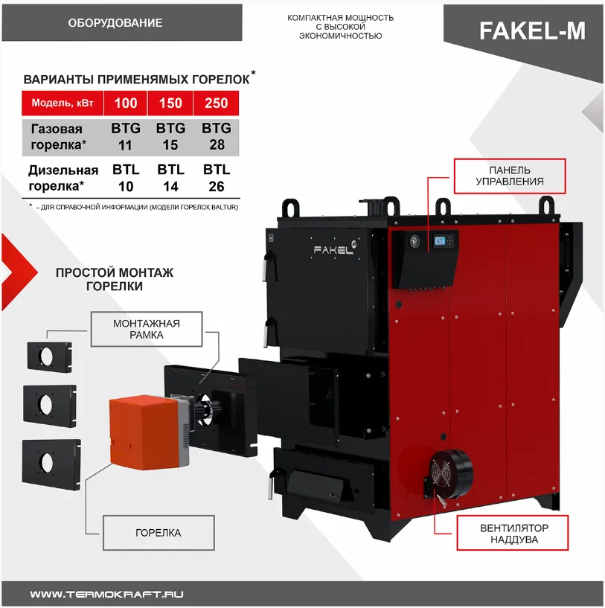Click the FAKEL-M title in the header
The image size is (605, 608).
pyautogui.click(x=532, y=31)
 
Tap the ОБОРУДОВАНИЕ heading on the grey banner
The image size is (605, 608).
pyautogui.click(x=115, y=23)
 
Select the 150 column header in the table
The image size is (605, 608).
pyautogui.click(x=170, y=103)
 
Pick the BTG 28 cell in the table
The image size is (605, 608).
pyautogui.click(x=217, y=136)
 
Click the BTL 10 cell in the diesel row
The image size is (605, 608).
pyautogui.click(x=126, y=178)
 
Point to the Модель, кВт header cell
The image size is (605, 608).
pyautogui.click(x=63, y=103)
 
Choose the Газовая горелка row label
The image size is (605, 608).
pyautogui.click(x=58, y=136)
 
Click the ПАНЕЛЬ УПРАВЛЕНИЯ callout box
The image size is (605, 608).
pyautogui.click(x=510, y=176)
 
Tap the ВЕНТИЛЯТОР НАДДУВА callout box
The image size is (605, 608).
pyautogui.click(x=512, y=533)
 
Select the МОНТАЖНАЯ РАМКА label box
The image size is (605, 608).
pyautogui.click(x=147, y=329)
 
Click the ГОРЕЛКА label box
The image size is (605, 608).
pyautogui.click(x=159, y=533)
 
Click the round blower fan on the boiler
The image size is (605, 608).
pyautogui.click(x=450, y=475)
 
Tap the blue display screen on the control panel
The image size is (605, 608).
pyautogui.click(x=439, y=241)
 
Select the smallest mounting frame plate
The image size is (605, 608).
pyautogui.click(x=50, y=356)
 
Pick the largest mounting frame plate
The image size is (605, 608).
pyautogui.click(x=51, y=465)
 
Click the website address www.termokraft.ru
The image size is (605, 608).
pyautogui.click(x=106, y=594)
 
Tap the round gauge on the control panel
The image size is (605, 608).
pyautogui.click(x=414, y=241)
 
